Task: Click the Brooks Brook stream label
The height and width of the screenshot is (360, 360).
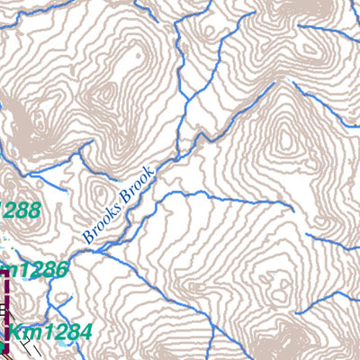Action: (x=120, y=203)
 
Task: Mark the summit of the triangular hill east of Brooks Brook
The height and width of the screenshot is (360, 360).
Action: (x=287, y=139)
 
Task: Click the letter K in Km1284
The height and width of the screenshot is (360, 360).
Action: (x=16, y=333)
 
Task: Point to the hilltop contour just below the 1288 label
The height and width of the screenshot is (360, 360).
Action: (x=22, y=236)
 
